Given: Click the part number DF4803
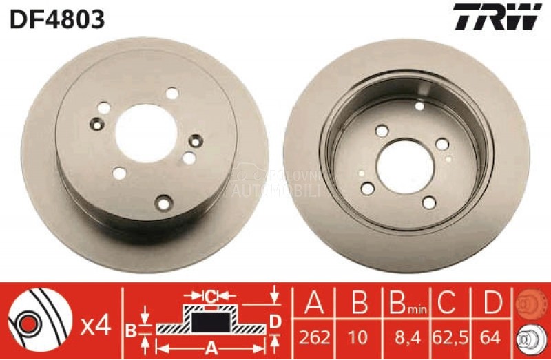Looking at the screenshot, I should point(57,18).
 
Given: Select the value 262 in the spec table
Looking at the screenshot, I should point(315,338).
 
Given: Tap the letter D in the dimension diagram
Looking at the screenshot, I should point(274,321).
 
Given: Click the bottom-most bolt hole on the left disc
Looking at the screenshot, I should point(163,202).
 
